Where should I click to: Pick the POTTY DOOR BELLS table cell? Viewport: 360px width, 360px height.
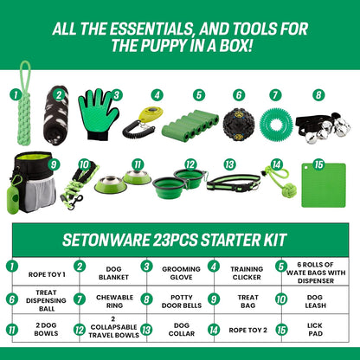[x=181, y=299]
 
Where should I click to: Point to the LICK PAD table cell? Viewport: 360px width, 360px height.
[x=315, y=329]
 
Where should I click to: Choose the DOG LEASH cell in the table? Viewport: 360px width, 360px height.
[x=315, y=299]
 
